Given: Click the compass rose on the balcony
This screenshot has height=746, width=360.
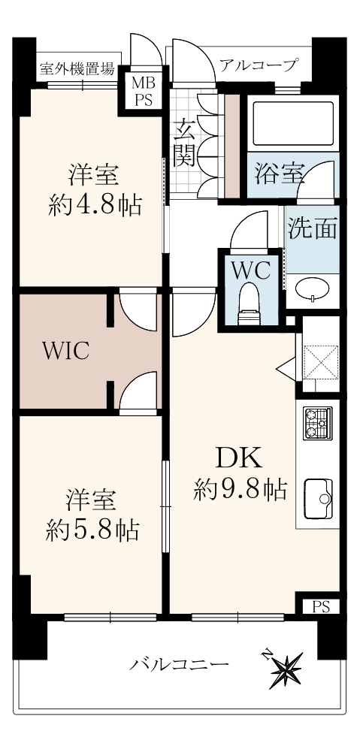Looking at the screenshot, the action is coord(286,668).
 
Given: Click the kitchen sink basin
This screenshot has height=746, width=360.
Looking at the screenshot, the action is coord(319,499).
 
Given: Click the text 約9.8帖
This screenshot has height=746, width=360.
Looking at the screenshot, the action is coord(240,488).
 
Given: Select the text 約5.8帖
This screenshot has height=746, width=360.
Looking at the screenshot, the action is coord(92,529).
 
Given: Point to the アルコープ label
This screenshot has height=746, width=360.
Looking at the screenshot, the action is coord(259,64).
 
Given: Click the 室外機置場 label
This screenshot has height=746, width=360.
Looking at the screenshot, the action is coord(77,69).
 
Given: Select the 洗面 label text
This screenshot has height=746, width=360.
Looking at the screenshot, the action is coord(313,228).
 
